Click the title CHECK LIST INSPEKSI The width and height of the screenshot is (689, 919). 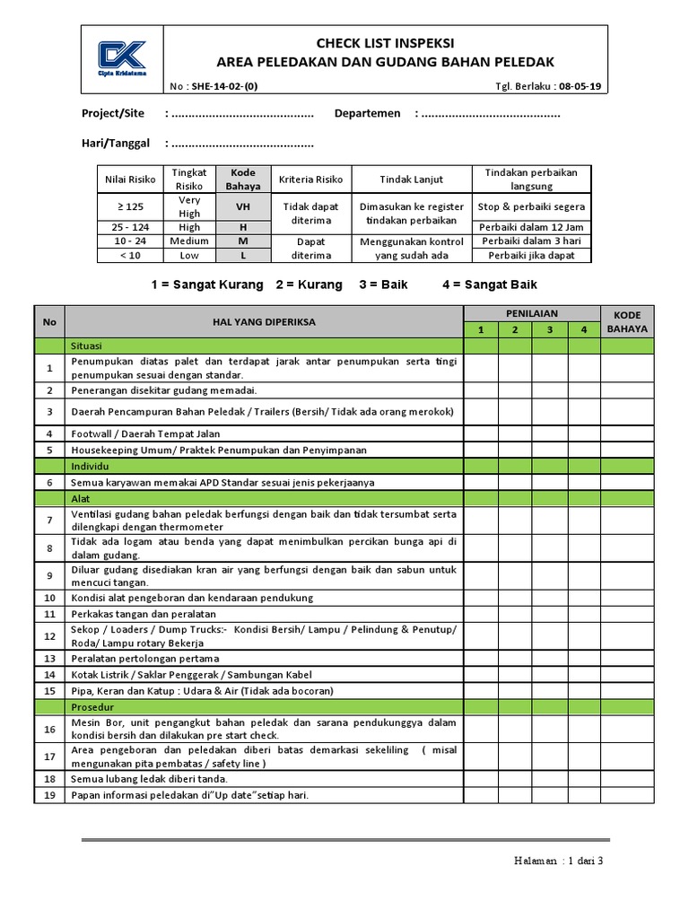point(385,43)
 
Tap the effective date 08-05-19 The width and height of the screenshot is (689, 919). point(580,86)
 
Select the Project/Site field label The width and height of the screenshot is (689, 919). point(113,114)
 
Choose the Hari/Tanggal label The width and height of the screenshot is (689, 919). point(116,143)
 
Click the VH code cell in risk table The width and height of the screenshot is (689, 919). point(242,206)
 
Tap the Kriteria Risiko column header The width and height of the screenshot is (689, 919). point(308,179)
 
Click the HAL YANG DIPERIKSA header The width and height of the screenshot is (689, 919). point(264,321)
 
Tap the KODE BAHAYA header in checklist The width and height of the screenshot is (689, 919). point(628,321)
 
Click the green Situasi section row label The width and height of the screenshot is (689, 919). point(86,345)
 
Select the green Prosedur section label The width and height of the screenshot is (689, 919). point(90,706)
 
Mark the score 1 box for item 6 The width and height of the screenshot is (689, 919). point(481,482)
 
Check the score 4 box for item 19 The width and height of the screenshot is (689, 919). point(583,794)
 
